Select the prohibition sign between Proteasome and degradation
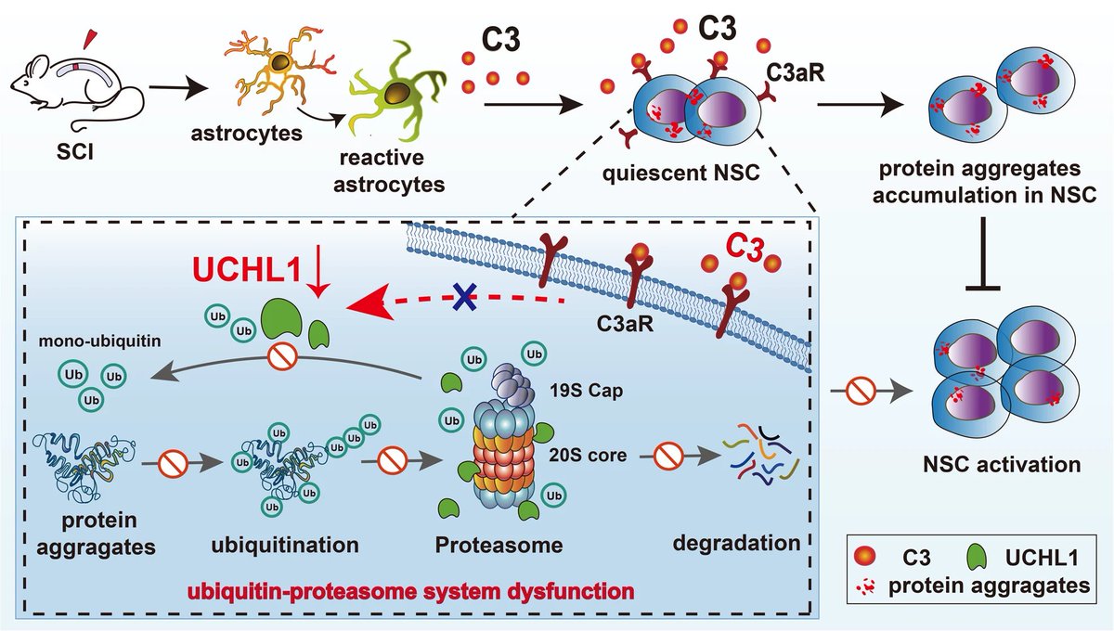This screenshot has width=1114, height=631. (x=667, y=456)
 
